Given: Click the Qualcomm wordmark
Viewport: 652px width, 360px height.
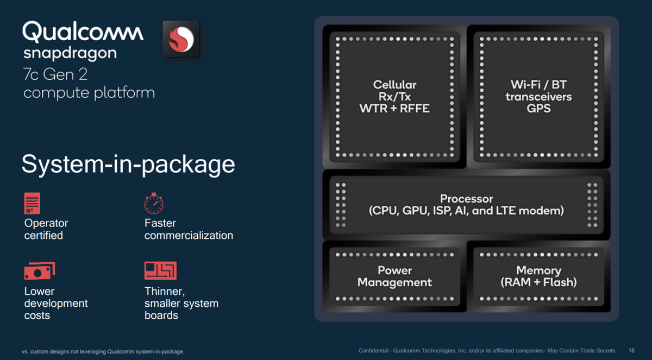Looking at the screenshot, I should (x=83, y=32).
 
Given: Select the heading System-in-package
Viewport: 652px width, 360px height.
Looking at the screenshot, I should (x=128, y=165).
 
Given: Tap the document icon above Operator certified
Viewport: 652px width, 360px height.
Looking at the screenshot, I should (x=32, y=203).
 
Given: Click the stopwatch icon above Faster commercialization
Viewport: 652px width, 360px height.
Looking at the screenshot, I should (x=154, y=203).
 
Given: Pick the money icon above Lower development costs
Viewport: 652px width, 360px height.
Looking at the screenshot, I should (x=40, y=270).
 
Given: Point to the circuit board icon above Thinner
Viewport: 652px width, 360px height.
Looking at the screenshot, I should (x=160, y=270).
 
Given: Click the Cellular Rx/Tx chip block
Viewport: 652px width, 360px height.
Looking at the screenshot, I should (x=394, y=97).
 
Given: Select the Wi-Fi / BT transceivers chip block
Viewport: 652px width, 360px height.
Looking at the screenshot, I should (x=538, y=97).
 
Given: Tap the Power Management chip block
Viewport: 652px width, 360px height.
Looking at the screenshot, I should (x=394, y=276).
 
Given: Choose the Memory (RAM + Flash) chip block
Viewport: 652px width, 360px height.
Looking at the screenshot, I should (x=538, y=276).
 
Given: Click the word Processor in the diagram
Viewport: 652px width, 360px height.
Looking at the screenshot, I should (x=466, y=199).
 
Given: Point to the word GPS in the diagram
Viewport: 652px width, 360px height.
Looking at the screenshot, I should (x=538, y=108).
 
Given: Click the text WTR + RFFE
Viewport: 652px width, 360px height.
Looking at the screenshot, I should (x=394, y=108).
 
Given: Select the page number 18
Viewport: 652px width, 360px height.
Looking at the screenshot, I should (x=631, y=351).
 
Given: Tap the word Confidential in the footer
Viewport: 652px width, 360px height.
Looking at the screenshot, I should (x=375, y=351).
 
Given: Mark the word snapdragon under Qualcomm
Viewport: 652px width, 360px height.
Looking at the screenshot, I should (x=70, y=53).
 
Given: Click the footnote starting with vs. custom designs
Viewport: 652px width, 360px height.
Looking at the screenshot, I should (x=103, y=351).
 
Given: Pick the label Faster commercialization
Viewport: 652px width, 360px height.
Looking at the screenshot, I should (x=189, y=229).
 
